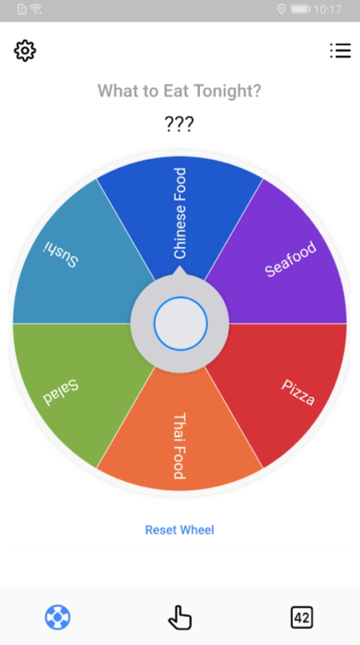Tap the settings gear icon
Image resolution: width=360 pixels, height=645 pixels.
point(25,50)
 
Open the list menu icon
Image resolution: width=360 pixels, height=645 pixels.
point(340,50)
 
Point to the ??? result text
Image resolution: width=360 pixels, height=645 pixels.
point(179,123)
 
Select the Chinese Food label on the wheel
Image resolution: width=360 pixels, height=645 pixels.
point(180,213)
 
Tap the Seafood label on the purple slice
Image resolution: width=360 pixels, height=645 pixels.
point(291,259)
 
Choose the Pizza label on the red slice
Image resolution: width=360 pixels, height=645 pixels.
point(298,392)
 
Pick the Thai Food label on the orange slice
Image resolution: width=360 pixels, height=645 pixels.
point(180,446)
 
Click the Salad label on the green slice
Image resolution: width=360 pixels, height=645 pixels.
point(61,392)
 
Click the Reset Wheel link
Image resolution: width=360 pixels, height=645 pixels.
point(180,530)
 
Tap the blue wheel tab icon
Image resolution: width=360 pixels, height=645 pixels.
point(58,618)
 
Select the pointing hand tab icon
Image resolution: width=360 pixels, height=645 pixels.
point(180,618)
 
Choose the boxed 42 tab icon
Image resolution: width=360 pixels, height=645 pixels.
point(302,618)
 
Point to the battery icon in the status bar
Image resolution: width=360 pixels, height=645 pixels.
point(301,9)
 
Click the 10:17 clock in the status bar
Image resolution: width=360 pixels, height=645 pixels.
point(327,9)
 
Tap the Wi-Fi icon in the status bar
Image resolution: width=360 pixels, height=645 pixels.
point(36,9)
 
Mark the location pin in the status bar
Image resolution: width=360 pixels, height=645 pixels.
point(282,9)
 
